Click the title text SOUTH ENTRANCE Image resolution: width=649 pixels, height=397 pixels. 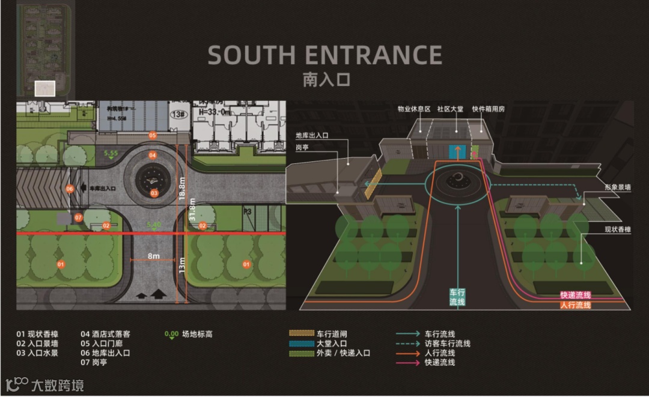(324, 55)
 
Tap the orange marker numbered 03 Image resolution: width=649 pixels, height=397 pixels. (154, 193)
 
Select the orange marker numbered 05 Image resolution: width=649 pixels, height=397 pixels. (153, 135)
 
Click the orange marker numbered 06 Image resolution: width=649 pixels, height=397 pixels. (70, 189)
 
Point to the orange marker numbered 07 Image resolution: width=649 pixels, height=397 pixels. (78, 217)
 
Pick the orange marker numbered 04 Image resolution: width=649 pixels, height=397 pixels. (153, 155)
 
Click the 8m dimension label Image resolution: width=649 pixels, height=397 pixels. (154, 256)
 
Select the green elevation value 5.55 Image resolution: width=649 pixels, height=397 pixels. (110, 154)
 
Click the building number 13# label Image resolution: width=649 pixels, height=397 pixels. (178, 113)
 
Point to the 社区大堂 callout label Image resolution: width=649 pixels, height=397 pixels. (449, 109)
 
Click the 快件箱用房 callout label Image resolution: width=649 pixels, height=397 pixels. (488, 109)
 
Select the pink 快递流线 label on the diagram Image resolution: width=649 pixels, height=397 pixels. (575, 295)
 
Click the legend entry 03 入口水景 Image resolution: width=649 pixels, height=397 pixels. (37, 353)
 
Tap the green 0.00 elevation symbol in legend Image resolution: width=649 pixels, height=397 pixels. (171, 335)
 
